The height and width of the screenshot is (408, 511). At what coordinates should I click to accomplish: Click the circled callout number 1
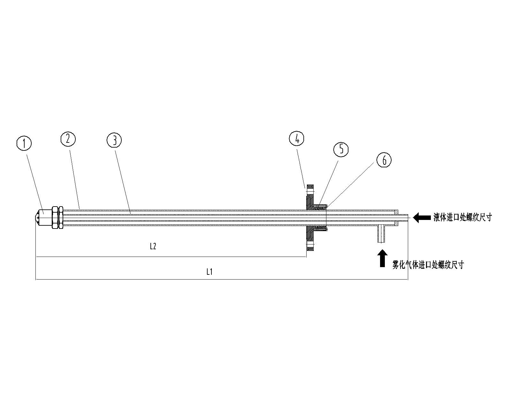(x=24, y=143)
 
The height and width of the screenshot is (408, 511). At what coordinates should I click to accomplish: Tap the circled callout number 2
(x=68, y=139)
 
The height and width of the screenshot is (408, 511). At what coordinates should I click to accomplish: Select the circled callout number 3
(x=114, y=140)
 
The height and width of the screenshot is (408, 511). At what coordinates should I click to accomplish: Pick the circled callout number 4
(x=297, y=138)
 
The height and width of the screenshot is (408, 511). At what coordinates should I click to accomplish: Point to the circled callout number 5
(x=341, y=149)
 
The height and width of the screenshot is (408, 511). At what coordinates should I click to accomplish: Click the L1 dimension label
(x=209, y=272)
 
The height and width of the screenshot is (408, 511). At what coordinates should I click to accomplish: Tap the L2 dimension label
(x=153, y=247)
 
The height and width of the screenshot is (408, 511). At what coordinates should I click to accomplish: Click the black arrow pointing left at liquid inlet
(x=422, y=217)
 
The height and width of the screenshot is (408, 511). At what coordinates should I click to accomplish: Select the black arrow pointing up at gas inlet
(x=382, y=258)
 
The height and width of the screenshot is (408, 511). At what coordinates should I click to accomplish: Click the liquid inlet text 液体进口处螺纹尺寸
(x=462, y=217)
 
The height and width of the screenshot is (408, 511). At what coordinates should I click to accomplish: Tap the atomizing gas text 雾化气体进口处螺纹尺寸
(x=428, y=265)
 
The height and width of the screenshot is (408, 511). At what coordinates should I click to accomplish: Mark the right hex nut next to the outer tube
(x=61, y=217)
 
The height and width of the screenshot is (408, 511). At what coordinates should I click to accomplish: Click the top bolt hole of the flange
(x=310, y=190)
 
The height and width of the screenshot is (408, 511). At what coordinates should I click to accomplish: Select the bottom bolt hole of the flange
(x=310, y=244)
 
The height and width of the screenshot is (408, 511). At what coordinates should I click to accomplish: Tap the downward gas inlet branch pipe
(x=381, y=234)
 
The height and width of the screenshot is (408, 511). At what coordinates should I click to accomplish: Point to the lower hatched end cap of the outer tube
(x=396, y=223)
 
